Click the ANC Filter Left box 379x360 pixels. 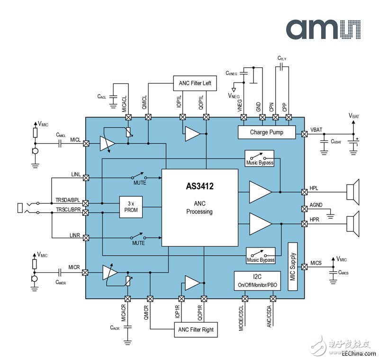[195, 83]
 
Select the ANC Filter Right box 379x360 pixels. [196, 330]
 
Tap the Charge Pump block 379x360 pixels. [267, 132]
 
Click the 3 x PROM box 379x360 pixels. [131, 207]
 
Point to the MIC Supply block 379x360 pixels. [293, 267]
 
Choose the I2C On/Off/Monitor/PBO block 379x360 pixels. [257, 281]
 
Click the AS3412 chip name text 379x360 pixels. [199, 186]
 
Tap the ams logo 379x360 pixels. [324, 29]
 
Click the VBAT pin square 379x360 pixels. [304, 134]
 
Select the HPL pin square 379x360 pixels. [304, 192]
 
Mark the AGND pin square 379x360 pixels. [304, 209]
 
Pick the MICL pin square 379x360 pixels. [86, 143]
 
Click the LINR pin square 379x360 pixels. [86, 238]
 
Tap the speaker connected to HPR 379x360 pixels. [353, 224]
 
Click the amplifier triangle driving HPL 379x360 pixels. [260, 192]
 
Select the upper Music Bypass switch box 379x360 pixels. [259, 158]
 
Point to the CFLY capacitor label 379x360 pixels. [282, 58]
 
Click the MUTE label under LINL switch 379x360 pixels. [140, 183]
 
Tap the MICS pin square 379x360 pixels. [304, 267]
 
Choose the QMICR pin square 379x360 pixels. [150, 299]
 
